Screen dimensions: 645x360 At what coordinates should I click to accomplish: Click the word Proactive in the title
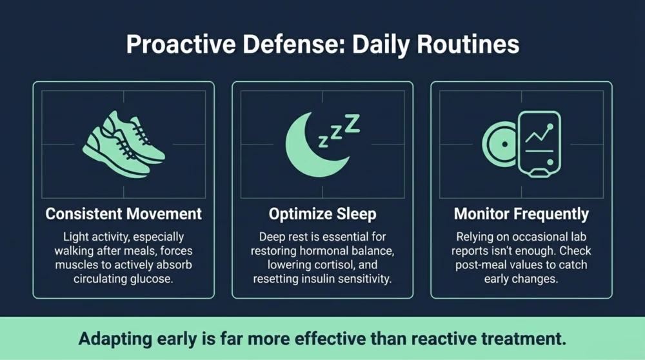[181, 45]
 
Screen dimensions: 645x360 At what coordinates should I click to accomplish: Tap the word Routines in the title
[468, 44]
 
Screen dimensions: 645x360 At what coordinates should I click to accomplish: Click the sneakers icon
[124, 145]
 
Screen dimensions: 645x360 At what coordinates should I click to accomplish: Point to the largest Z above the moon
[352, 123]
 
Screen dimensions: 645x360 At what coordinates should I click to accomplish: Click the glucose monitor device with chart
[539, 145]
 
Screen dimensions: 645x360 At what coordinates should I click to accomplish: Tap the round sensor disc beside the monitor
[499, 145]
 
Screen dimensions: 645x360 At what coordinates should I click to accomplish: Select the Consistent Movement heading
[123, 214]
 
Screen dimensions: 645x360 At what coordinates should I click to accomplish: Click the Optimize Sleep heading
[322, 214]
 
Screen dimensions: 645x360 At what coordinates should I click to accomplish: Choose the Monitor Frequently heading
[521, 214]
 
